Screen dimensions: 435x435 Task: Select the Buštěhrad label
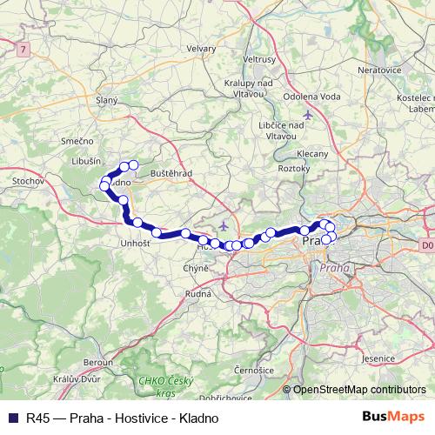coord(171,174)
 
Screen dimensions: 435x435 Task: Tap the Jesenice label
coord(380,358)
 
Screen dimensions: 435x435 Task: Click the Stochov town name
coord(28,181)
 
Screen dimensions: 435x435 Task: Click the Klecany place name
coord(312,153)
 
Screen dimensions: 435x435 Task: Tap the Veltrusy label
coord(260,59)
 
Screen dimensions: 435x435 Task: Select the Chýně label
coord(196,268)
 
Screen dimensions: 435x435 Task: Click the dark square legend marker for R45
coord(12,418)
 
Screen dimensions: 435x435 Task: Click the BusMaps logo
coord(401,417)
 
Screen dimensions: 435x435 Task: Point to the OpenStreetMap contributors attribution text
coord(359,390)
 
